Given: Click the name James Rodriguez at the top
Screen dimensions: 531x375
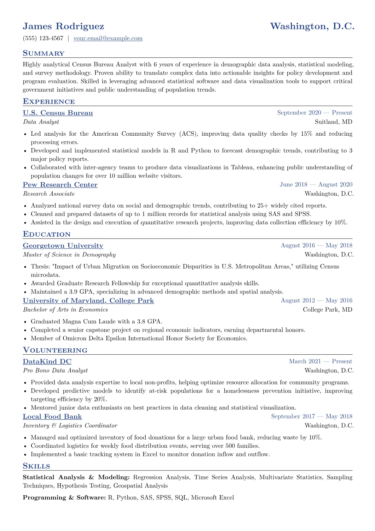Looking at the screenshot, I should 63,26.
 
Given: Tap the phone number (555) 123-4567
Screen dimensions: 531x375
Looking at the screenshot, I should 43,38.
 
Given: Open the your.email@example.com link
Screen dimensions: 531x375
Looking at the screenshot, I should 108,38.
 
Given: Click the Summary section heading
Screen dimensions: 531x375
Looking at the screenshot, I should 43,53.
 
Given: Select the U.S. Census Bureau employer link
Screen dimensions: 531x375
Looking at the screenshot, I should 58,113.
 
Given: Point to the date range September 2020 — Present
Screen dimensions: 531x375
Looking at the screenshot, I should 314,113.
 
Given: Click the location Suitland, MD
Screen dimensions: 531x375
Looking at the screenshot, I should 333,122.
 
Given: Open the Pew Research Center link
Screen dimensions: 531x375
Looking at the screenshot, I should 60,185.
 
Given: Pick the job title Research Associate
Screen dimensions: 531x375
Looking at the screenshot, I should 49,194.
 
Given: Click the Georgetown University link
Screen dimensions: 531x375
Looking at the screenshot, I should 63,246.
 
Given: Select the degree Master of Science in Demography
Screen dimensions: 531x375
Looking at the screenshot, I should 69,255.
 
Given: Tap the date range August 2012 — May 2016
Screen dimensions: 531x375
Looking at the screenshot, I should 316,300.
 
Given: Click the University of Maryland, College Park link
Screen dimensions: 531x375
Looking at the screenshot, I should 88,301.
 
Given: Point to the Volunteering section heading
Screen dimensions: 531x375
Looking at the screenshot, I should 55,350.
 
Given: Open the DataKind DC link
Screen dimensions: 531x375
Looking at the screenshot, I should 47,362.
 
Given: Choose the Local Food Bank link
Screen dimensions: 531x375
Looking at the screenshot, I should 52,416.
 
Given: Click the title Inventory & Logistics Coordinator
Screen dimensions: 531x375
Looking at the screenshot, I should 70,426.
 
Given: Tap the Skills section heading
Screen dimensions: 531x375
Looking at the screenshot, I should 36,466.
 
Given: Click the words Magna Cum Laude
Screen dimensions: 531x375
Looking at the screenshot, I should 90,322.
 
